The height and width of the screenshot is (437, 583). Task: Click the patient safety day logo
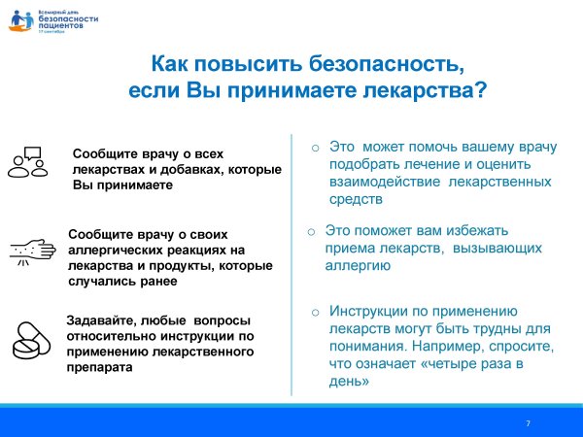coord(40,18)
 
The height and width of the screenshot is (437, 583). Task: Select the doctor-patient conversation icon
coord(28,162)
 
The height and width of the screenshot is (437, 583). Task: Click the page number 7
coord(528,423)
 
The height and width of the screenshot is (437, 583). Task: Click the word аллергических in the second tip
coord(116,249)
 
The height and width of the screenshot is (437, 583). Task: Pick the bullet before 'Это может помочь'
coord(315,147)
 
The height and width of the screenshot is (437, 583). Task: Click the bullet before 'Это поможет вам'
coord(310,232)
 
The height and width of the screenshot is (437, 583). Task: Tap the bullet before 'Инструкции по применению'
coord(315,312)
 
